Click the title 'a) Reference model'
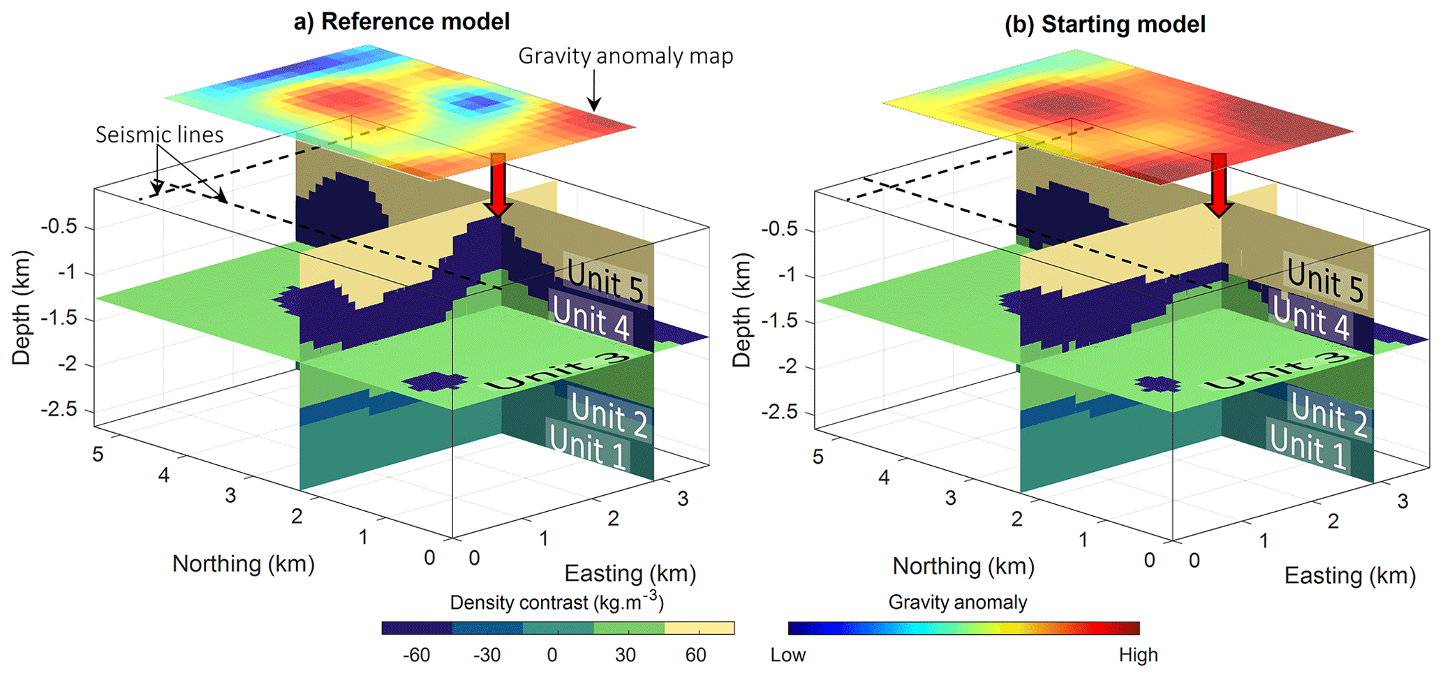[401, 22]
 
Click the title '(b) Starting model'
[1104, 24]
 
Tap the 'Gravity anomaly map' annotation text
[626, 56]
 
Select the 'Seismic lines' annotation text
[159, 135]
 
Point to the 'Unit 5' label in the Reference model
[605, 281]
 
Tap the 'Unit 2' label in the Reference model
[609, 413]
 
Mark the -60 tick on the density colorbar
[416, 655]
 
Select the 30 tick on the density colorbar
[625, 655]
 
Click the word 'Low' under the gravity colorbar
[788, 655]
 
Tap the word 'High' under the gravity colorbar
[1138, 655]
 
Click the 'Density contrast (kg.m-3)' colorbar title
[556, 602]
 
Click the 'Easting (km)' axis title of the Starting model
[1349, 575]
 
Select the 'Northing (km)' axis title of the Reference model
[243, 563]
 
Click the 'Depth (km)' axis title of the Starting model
[741, 310]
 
